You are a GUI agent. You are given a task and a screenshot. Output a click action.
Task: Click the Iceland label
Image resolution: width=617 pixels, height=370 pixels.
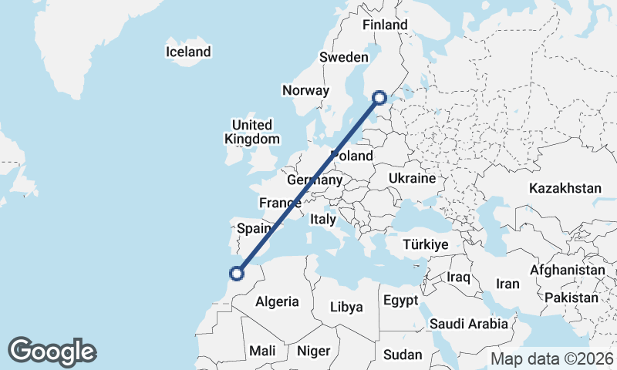[x=188, y=52]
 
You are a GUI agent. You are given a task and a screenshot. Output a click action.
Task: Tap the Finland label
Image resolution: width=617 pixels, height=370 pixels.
[x=385, y=25]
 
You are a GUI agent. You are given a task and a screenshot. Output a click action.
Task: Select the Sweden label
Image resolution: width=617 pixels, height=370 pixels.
[x=343, y=58]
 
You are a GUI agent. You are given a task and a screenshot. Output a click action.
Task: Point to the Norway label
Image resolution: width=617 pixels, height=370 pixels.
[x=305, y=90]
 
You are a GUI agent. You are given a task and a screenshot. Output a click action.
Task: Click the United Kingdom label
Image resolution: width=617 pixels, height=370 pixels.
[x=252, y=132]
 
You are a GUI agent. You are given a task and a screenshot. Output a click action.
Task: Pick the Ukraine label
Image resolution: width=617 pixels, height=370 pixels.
[x=413, y=178]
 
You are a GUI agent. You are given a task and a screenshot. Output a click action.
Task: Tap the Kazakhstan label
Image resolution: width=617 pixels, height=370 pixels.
[x=565, y=188]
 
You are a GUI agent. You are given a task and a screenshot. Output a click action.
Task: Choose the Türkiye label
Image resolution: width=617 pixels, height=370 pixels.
[x=426, y=244]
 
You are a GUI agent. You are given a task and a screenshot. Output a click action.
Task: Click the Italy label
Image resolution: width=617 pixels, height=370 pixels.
[x=323, y=219]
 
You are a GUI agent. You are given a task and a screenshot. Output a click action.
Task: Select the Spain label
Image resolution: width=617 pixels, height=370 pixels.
[x=254, y=228]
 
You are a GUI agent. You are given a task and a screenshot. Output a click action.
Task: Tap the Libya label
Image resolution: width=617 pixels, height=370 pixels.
[x=346, y=307]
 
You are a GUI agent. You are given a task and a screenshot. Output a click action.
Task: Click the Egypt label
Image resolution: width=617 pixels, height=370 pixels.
[x=400, y=300]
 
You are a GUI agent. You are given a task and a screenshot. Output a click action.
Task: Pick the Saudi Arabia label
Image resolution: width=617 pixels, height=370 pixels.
[x=469, y=325]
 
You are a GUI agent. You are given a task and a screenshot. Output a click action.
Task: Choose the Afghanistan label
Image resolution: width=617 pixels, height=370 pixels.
[x=568, y=271]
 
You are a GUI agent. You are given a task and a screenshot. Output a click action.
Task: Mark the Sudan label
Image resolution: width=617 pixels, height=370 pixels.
[x=403, y=355]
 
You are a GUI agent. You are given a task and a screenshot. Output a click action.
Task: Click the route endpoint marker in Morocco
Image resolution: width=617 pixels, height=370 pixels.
[x=237, y=272]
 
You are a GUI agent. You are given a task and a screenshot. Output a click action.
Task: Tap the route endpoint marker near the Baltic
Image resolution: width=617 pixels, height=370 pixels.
[x=379, y=97]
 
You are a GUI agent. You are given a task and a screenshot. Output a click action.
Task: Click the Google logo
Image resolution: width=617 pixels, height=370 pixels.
[x=52, y=351]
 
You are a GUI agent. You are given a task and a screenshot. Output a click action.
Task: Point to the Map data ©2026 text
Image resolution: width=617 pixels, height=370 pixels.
[x=553, y=358]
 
